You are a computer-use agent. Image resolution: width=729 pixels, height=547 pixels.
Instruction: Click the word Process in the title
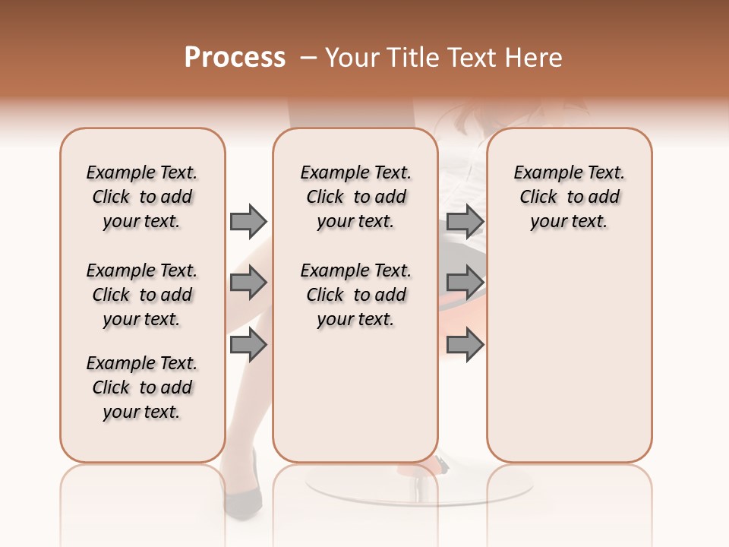[x=235, y=58]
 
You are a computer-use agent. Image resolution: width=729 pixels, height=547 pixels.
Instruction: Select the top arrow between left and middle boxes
[x=248, y=221]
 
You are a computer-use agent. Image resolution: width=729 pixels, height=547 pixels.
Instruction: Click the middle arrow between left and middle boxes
[x=248, y=283]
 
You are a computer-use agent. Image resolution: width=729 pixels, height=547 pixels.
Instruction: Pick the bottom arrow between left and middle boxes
[x=248, y=345]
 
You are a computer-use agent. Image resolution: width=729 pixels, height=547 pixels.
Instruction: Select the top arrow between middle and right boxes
[x=465, y=221]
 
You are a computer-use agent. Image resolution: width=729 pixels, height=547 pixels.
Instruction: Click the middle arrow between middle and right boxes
[x=465, y=283]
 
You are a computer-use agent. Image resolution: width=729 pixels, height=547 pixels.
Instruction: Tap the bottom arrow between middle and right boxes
[x=465, y=345]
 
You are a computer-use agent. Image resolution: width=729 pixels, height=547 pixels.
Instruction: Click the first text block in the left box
[x=142, y=197]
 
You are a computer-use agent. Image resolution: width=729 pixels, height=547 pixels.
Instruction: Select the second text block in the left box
[x=142, y=295]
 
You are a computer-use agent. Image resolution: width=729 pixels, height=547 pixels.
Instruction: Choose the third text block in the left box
[x=142, y=387]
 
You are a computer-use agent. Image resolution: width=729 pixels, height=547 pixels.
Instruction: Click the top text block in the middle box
[x=355, y=197]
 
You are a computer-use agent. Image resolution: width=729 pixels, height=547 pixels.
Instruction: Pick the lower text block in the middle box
[x=355, y=295]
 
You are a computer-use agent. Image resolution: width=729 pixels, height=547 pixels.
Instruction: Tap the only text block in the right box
[x=569, y=197]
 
